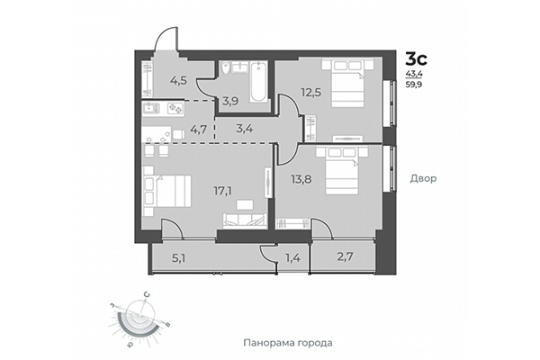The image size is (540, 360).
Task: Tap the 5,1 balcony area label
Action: (181, 260)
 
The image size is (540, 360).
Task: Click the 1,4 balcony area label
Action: (292, 260)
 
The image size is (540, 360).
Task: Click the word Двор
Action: (422, 178)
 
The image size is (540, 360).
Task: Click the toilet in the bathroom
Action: (226, 67)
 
